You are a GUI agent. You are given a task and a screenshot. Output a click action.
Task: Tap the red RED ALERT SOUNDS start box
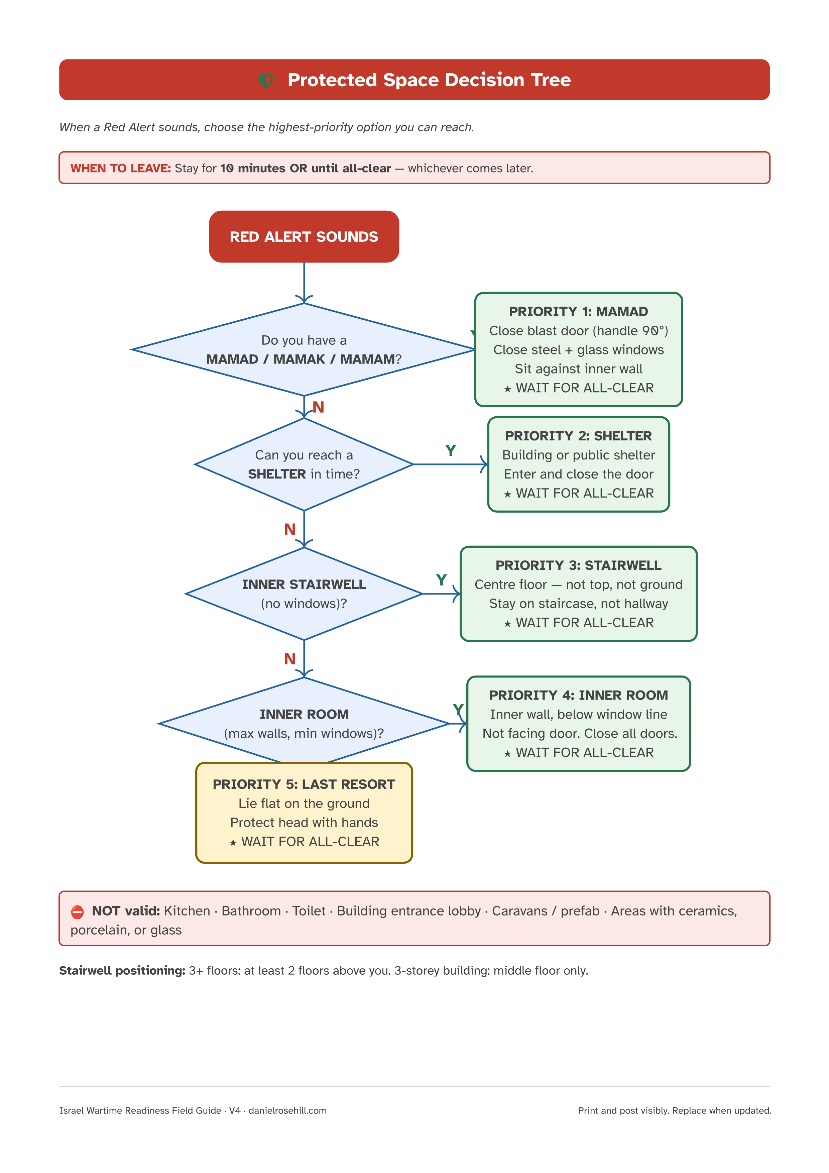(x=304, y=236)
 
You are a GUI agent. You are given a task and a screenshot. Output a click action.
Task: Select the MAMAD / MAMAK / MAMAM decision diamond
(x=304, y=349)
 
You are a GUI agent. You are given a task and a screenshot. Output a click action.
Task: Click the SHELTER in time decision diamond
(x=304, y=464)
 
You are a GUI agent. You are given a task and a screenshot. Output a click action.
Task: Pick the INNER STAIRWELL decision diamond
(x=304, y=594)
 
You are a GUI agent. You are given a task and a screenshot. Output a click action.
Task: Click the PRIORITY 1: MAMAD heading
(x=578, y=312)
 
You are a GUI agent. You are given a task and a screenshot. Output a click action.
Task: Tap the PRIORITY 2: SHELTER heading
(x=578, y=436)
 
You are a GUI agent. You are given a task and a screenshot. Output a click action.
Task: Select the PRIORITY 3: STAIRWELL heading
(x=578, y=565)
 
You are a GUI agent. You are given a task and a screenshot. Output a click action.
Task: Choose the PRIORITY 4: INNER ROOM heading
(x=578, y=695)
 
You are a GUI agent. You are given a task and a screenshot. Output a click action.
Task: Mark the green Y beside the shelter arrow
(x=450, y=450)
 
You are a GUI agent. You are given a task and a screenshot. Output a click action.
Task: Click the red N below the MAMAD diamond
(x=318, y=407)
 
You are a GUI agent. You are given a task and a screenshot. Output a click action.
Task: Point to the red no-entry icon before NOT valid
(x=77, y=912)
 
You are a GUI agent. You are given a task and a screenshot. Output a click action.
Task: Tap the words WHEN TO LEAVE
(x=121, y=168)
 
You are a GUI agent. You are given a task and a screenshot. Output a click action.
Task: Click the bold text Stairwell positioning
(x=122, y=971)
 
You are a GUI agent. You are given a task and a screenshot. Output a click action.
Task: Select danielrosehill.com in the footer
(x=287, y=1111)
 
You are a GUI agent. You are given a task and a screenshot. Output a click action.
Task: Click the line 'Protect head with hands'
(x=304, y=823)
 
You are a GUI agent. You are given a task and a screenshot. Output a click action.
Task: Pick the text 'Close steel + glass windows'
(x=578, y=350)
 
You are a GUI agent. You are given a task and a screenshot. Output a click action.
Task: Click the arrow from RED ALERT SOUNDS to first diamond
(x=304, y=283)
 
